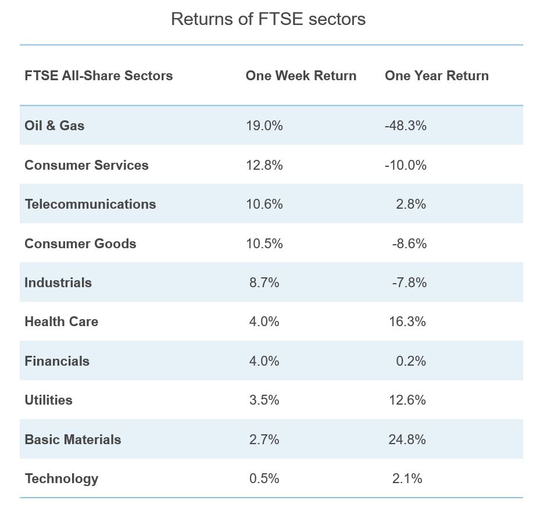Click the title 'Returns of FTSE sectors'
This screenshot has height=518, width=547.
pos(268,19)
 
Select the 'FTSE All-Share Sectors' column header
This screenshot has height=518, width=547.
pos(98,76)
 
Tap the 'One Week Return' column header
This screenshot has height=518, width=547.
pos(301,76)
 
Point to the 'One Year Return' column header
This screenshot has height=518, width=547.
pos(437,76)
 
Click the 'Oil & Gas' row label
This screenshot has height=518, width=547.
pos(54,126)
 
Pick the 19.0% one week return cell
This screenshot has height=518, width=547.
pos(264,126)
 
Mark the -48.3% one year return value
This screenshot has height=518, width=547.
pos(405,126)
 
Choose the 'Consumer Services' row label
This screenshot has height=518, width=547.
pos(86,165)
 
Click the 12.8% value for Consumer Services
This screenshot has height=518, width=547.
pos(264,165)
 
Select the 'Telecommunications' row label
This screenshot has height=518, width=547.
pos(90,204)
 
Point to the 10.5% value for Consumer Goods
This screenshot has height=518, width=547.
pos(264,244)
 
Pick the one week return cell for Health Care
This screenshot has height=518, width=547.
pos(264,321)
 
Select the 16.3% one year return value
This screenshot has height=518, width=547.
pos(407,321)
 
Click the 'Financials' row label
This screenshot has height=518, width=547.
pos(57,361)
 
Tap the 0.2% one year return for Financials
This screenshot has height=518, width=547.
pos(411,361)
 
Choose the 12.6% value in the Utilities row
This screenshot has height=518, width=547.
pos(407,400)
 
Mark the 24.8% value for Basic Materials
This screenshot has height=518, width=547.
pos(407,440)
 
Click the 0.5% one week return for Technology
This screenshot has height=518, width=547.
pos(264,478)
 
